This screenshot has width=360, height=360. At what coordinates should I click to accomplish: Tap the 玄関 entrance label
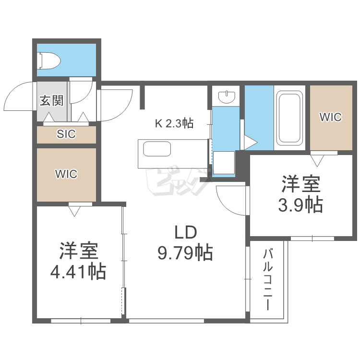[x=51, y=101]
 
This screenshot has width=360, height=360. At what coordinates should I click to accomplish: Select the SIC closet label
[x=66, y=134]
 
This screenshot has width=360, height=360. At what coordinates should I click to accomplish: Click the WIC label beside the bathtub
[x=331, y=117]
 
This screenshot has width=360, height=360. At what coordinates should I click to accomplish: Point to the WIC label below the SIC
[x=66, y=174]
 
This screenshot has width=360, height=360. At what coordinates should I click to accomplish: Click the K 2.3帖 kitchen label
[x=174, y=123]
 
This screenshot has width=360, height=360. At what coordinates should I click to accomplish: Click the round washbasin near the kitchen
[x=227, y=97]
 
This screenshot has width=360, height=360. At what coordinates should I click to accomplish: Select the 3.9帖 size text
[x=300, y=205]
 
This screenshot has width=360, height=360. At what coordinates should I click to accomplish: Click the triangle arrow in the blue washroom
[x=251, y=143]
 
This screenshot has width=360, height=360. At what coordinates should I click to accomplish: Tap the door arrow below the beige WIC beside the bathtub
[x=317, y=158]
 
